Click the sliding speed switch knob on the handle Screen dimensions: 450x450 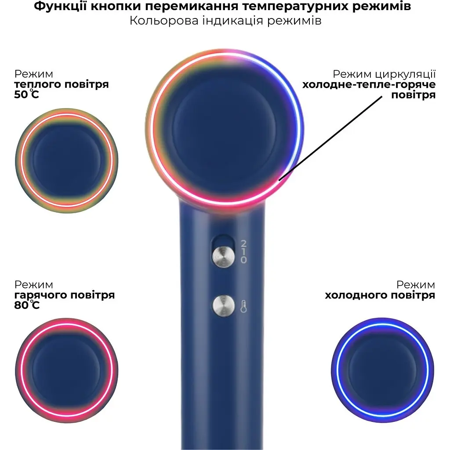point(223,256)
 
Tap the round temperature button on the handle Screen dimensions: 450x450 point(224,306)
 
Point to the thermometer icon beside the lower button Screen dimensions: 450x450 point(243,306)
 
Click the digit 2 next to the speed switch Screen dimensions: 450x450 point(243,243)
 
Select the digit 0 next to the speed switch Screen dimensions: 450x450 point(243,260)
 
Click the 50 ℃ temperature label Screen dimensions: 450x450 point(26,94)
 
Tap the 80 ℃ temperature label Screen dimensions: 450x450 point(27,305)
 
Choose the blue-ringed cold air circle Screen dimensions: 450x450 point(382,370)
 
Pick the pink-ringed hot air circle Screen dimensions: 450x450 point(67,370)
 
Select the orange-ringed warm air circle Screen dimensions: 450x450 point(67,161)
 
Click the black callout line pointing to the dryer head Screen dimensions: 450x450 point(330,138)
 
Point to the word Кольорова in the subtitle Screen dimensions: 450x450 point(164,21)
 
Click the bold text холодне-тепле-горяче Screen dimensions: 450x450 point(369,85)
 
